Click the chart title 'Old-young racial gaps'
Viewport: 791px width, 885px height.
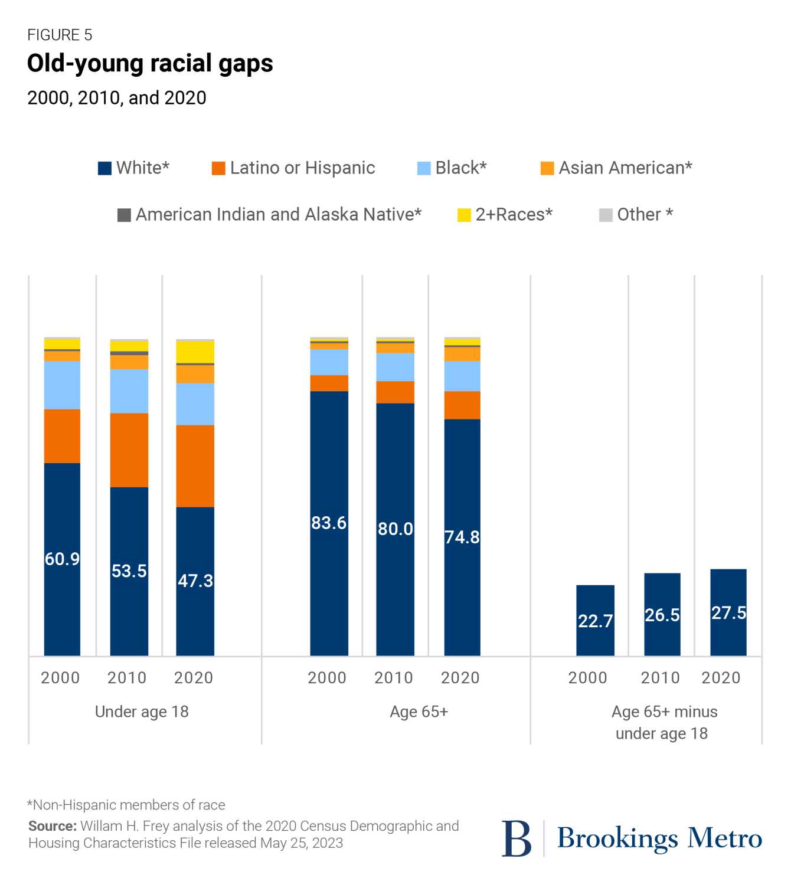(150, 64)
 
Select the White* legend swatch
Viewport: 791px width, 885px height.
(104, 168)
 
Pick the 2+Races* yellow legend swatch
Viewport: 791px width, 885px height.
(464, 215)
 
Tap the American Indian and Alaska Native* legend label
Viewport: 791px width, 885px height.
(279, 214)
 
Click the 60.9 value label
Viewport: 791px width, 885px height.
(63, 559)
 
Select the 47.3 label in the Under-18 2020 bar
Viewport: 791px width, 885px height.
(195, 581)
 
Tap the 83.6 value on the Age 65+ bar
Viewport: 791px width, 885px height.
(329, 523)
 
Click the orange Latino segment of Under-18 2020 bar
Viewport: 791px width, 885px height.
(195, 466)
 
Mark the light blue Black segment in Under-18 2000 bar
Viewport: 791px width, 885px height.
(63, 385)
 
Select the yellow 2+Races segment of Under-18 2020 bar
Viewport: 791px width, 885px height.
(195, 352)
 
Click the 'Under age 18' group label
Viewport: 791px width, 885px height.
(142, 712)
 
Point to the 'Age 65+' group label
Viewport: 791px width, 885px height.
(419, 712)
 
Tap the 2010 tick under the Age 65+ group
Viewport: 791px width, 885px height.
(394, 678)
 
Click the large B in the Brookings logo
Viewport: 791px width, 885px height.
(517, 838)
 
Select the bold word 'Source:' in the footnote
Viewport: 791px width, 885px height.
(53, 826)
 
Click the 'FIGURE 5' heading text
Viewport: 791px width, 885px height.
(60, 35)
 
